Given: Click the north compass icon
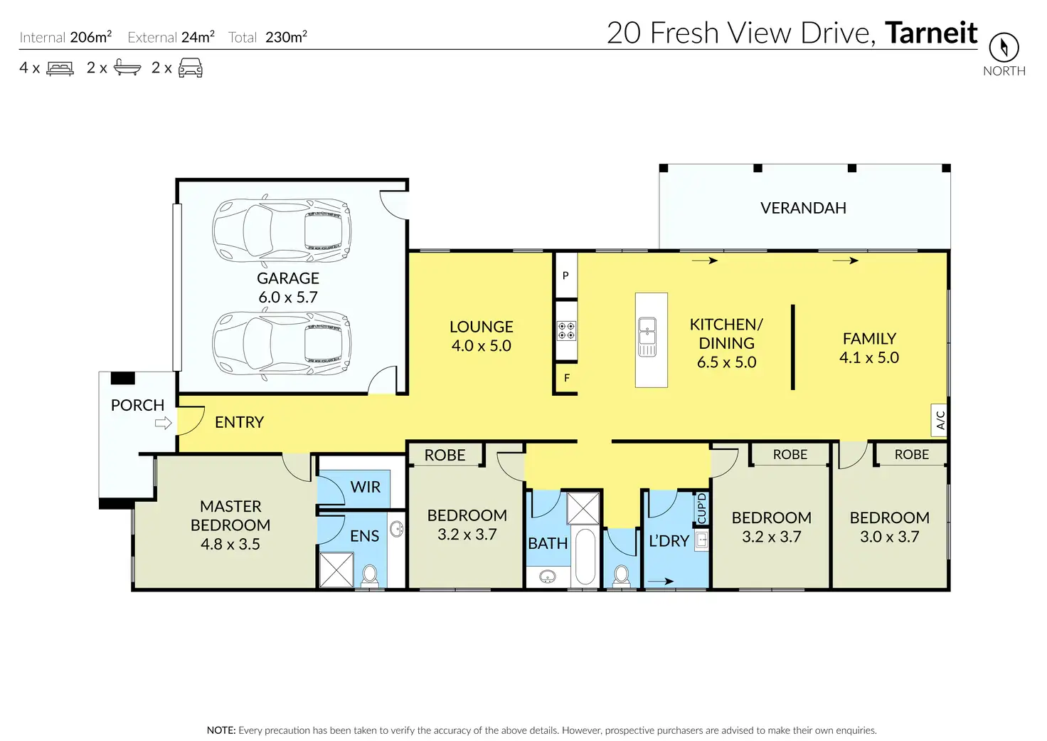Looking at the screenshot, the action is pyautogui.click(x=1004, y=47).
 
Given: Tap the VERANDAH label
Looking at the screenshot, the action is pyautogui.click(x=803, y=208).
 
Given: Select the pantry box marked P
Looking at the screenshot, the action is pyautogui.click(x=566, y=275).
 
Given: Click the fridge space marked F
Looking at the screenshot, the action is pyautogui.click(x=566, y=378).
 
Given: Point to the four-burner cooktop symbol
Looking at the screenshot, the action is pyautogui.click(x=566, y=331).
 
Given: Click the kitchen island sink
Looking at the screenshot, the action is pyautogui.click(x=647, y=337).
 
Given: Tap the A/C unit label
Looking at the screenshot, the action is pyautogui.click(x=940, y=420).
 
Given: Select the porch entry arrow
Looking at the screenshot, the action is pyautogui.click(x=163, y=424).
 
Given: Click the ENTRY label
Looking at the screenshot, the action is pyautogui.click(x=239, y=422).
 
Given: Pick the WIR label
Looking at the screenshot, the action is pyautogui.click(x=366, y=487).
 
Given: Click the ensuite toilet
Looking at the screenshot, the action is pyautogui.click(x=370, y=575).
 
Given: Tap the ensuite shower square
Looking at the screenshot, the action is pyautogui.click(x=336, y=569).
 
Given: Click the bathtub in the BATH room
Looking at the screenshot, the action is pyautogui.click(x=585, y=557).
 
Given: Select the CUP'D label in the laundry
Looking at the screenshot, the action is pyautogui.click(x=701, y=508).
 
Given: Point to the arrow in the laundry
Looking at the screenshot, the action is pyautogui.click(x=661, y=582).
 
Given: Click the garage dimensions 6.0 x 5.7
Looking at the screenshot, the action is pyautogui.click(x=288, y=297).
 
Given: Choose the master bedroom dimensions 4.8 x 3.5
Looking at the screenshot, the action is pyautogui.click(x=230, y=544).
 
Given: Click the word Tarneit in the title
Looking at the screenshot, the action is pyautogui.click(x=931, y=33).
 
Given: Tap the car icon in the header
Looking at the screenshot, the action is pyautogui.click(x=190, y=68).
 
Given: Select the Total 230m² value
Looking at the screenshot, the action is pyautogui.click(x=286, y=37).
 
